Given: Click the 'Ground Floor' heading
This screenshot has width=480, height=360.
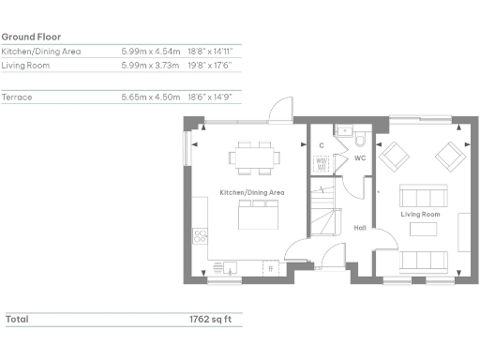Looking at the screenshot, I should point(32,37).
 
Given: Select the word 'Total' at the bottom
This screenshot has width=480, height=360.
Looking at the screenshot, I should point(17,319).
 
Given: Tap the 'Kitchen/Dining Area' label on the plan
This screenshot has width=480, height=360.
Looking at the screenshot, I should point(251,192).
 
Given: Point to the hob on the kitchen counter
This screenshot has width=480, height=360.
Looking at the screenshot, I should point(198,235).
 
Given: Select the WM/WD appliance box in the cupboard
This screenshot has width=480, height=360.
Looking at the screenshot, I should point(321,164).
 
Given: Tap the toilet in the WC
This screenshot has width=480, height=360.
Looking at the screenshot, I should point(359,142).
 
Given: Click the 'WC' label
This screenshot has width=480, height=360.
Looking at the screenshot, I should point(359,158).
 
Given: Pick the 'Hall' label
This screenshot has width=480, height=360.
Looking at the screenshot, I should point(359,227).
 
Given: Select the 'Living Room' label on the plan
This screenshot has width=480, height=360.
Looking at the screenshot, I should point(420,215).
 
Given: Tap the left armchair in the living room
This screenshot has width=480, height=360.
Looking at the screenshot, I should point(394,154).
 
